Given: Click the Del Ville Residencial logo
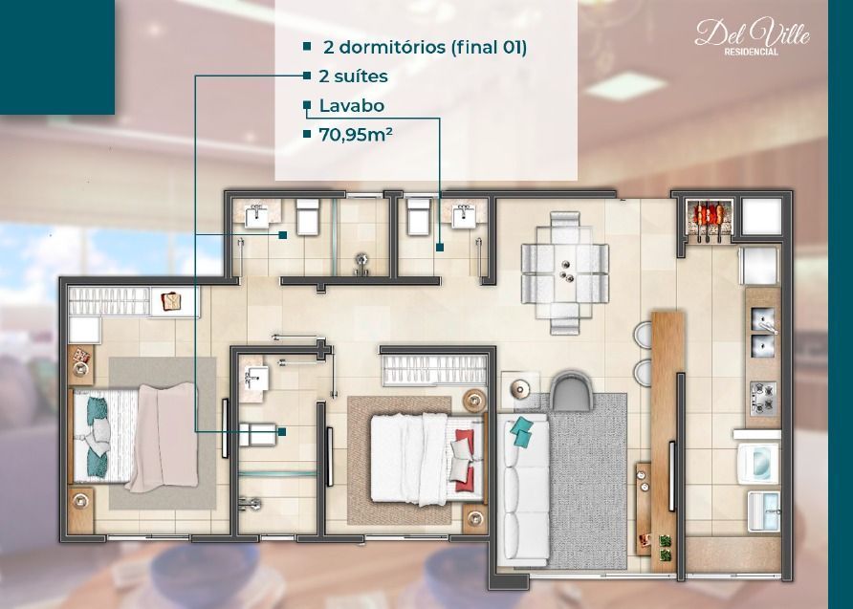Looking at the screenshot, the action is click(x=752, y=37).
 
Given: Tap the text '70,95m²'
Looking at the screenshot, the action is click(x=356, y=134).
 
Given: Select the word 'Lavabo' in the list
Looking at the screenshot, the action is click(x=351, y=105).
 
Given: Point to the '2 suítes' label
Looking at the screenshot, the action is click(x=353, y=76).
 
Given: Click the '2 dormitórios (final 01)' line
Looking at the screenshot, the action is click(x=425, y=47).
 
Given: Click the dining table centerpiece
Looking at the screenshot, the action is click(x=566, y=272).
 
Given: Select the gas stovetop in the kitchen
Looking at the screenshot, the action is click(x=763, y=399).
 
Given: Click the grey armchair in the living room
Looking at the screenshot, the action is click(x=570, y=391).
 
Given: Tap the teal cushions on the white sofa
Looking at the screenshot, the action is click(x=522, y=431).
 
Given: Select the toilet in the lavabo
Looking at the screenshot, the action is click(x=418, y=216).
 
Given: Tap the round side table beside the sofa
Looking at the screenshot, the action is click(x=520, y=389).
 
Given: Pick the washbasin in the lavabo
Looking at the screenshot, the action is click(x=464, y=216).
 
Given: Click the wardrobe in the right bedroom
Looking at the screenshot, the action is click(x=435, y=370).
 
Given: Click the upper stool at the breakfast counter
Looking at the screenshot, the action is click(x=644, y=335).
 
